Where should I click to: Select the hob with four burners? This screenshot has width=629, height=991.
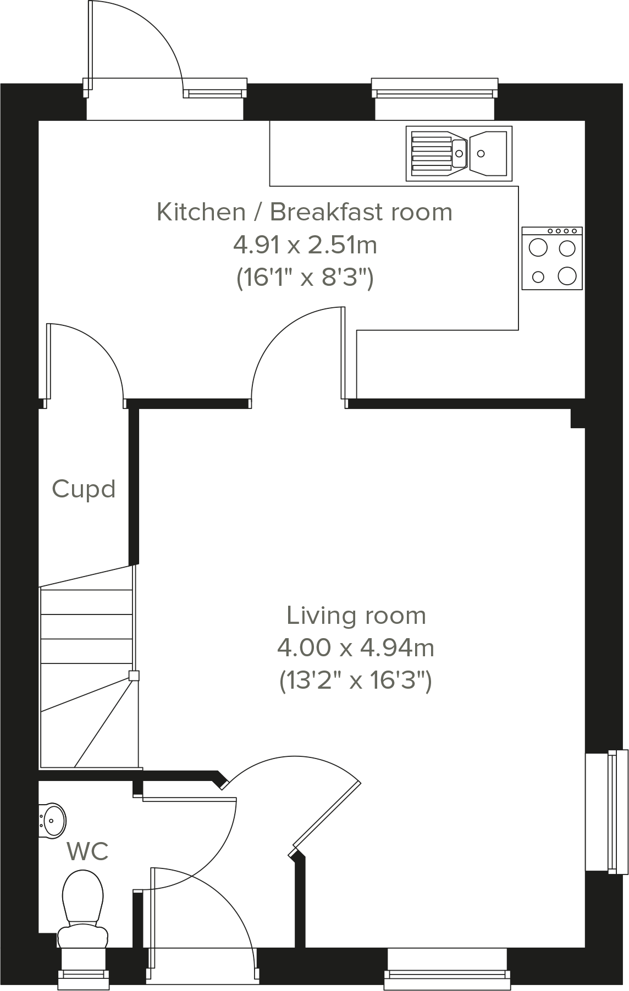(x=552, y=258)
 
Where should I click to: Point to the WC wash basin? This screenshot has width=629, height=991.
(x=53, y=821)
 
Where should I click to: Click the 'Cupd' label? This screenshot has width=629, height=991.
(x=84, y=489)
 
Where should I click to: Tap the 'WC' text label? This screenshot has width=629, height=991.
(x=87, y=852)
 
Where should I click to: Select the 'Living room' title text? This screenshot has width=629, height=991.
(x=356, y=616)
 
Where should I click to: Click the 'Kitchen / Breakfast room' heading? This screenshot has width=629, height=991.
(x=304, y=212)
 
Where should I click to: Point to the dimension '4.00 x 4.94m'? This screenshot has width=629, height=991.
(x=355, y=649)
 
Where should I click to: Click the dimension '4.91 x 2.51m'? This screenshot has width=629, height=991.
(x=305, y=245)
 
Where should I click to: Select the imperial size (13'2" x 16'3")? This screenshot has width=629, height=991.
(x=355, y=682)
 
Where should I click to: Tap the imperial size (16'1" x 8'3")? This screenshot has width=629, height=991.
(x=305, y=278)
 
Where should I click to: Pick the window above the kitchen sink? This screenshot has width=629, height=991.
(x=434, y=88)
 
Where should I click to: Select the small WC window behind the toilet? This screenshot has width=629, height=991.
(x=84, y=975)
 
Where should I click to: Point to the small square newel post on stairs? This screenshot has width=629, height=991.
(x=134, y=676)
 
